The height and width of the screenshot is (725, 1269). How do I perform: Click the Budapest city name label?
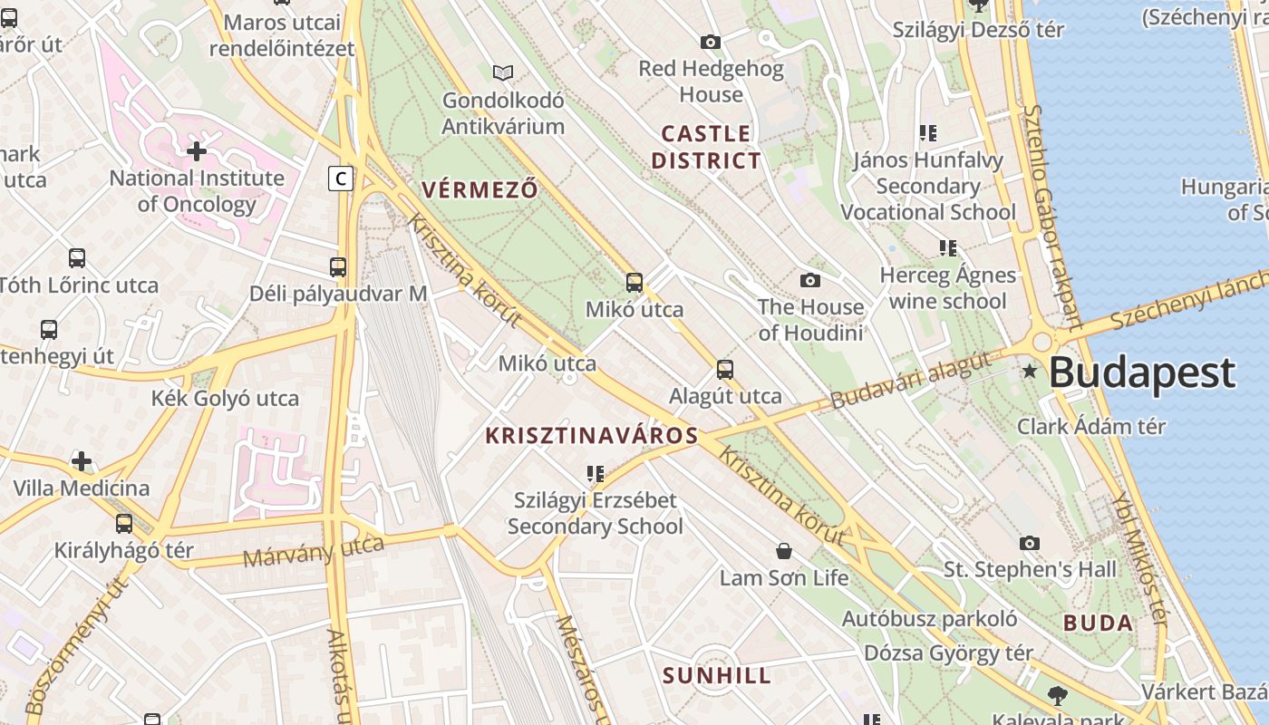coord(1142,372)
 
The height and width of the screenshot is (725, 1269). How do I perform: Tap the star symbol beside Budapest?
coord(1030,371)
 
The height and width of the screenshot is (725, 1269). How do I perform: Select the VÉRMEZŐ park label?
coord(480,189)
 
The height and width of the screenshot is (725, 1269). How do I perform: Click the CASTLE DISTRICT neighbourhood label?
coord(706,148)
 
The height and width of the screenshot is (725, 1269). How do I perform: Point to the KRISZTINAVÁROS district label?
coord(592,436)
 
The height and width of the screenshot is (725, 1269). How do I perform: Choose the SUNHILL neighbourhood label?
coord(717,676)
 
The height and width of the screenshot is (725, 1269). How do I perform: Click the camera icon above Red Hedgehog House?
coord(711,42)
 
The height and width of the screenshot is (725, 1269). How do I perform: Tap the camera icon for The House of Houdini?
coord(810,280)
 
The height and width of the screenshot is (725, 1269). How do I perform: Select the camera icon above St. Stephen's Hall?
coord(1030,543)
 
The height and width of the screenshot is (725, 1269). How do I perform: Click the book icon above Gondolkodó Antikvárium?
coord(502,72)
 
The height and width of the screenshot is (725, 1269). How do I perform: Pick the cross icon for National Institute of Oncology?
coord(197,150)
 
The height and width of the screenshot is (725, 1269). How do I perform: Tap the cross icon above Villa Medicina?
coord(82,461)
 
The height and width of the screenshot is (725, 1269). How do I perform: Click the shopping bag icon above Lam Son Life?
coord(784,551)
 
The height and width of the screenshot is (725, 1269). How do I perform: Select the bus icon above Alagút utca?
coord(725,369)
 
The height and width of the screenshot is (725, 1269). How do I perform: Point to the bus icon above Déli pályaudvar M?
coord(338,266)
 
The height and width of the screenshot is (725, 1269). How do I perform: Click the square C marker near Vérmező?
coord(341,179)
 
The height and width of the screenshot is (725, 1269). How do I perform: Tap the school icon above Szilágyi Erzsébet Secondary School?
coord(596,473)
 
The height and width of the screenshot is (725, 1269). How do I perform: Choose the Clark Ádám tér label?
coord(1091,426)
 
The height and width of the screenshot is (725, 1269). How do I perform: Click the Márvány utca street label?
coord(314,551)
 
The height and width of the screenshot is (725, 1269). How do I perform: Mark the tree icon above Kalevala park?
coord(1056,696)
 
